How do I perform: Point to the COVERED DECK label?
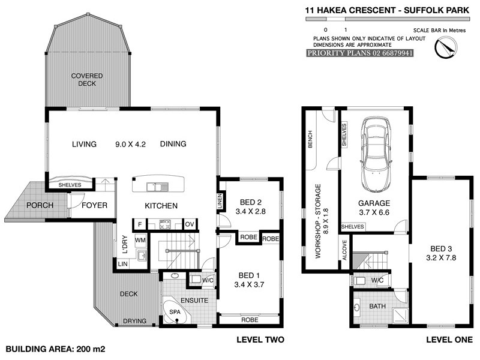87,79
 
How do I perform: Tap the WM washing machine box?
140,241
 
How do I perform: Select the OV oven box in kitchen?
190,224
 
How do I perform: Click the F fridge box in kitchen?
140,224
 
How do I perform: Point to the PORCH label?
40,205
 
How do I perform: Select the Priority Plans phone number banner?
360,53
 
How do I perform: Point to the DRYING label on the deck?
135,322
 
